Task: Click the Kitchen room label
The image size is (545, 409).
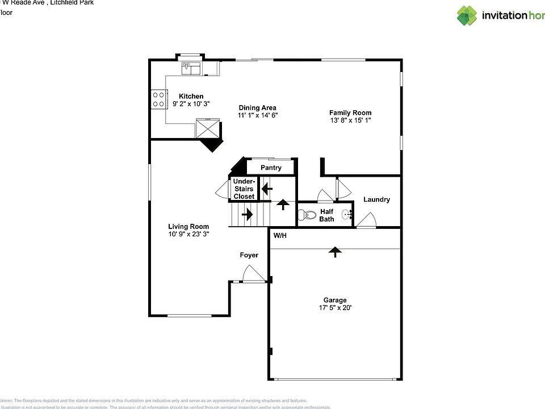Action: [x=191, y=96]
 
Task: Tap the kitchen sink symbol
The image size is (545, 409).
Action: [x=191, y=68]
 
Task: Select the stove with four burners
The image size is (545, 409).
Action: [x=158, y=99]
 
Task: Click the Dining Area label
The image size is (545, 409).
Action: [x=257, y=107]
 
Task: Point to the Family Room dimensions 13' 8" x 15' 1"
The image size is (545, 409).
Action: [x=350, y=120]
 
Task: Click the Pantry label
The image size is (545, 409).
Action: [x=271, y=168]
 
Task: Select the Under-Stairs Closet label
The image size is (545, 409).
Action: [x=244, y=189]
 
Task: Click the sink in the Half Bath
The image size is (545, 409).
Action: [x=347, y=215]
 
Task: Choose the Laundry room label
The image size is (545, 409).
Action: [x=376, y=199]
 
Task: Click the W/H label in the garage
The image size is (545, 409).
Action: [x=280, y=235]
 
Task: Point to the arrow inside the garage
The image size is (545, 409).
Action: [x=336, y=252]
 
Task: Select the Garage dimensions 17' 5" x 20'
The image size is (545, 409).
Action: [x=335, y=308]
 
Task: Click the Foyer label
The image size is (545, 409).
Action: [x=249, y=255]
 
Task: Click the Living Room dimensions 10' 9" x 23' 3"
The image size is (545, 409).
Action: [x=188, y=234]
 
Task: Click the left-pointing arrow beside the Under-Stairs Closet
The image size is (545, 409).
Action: [x=266, y=187]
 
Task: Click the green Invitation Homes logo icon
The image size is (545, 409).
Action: [x=467, y=15]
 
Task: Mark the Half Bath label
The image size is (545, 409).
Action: [x=326, y=215]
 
